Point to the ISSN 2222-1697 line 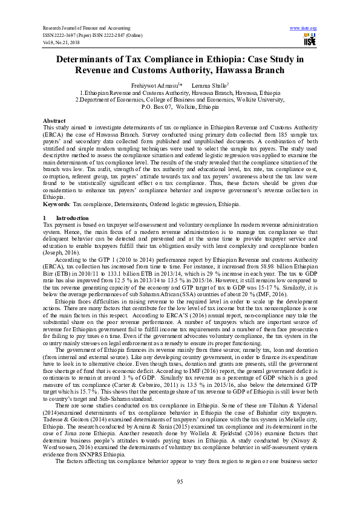tap(92, 36)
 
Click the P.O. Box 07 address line tap(180, 107)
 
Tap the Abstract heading tap(54, 121)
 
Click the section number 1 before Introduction tap(45, 217)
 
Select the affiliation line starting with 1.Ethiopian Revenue tap(180, 94)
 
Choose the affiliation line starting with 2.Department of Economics tap(180, 100)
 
